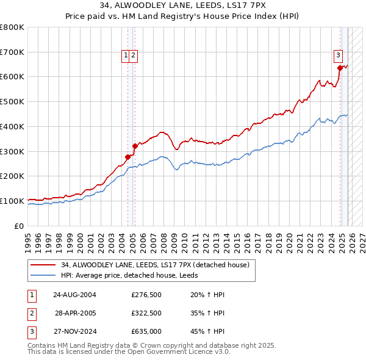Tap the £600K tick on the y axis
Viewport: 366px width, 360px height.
[12, 77]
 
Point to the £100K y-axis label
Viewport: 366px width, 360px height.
[12, 201]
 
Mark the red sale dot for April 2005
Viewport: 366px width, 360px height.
[135, 146]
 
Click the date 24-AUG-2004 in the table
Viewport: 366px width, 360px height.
[75, 295]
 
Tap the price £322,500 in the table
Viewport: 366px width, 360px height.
[146, 313]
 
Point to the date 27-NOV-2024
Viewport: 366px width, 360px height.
[75, 331]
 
